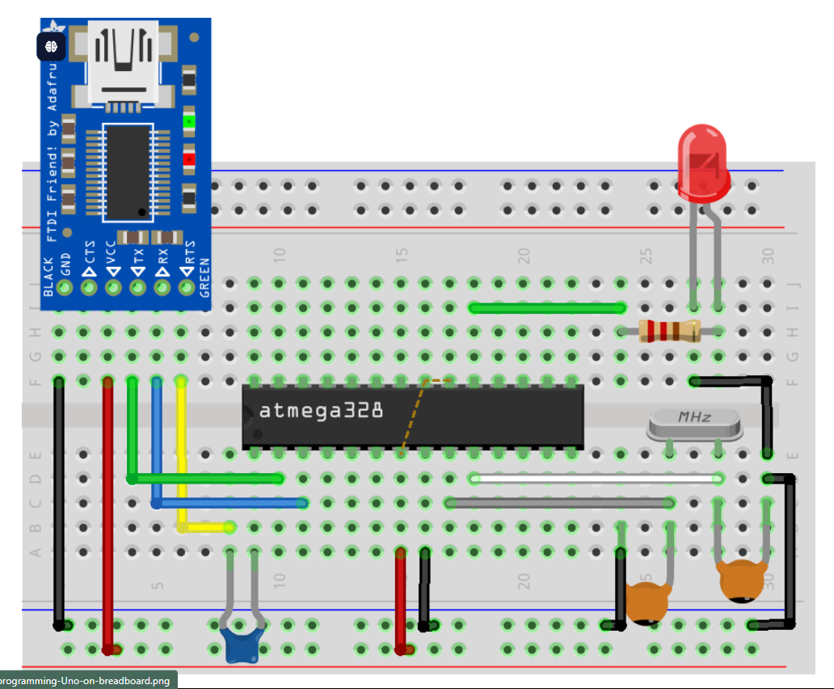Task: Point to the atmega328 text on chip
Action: click(321, 411)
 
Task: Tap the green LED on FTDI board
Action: click(189, 123)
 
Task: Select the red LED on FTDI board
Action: click(189, 159)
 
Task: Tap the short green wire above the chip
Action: click(547, 307)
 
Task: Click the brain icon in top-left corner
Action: click(51, 46)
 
